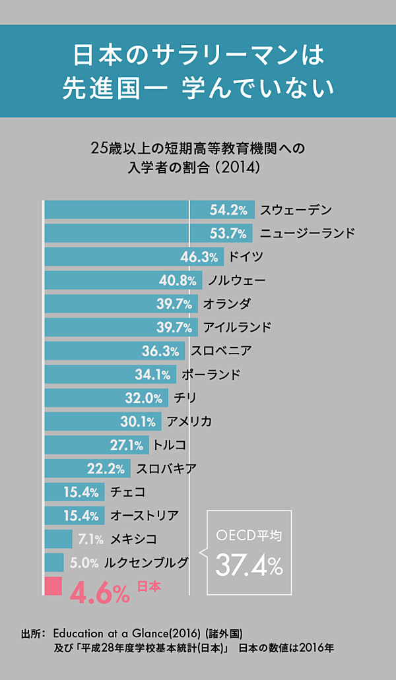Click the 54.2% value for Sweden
(228, 210)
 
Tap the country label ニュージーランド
(307, 233)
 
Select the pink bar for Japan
(53, 586)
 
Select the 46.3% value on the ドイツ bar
(199, 257)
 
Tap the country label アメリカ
(189, 421)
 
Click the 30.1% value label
(138, 421)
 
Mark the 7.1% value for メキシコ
(90, 540)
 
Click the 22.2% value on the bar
(106, 469)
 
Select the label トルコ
(170, 445)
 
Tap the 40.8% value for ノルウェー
(178, 281)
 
